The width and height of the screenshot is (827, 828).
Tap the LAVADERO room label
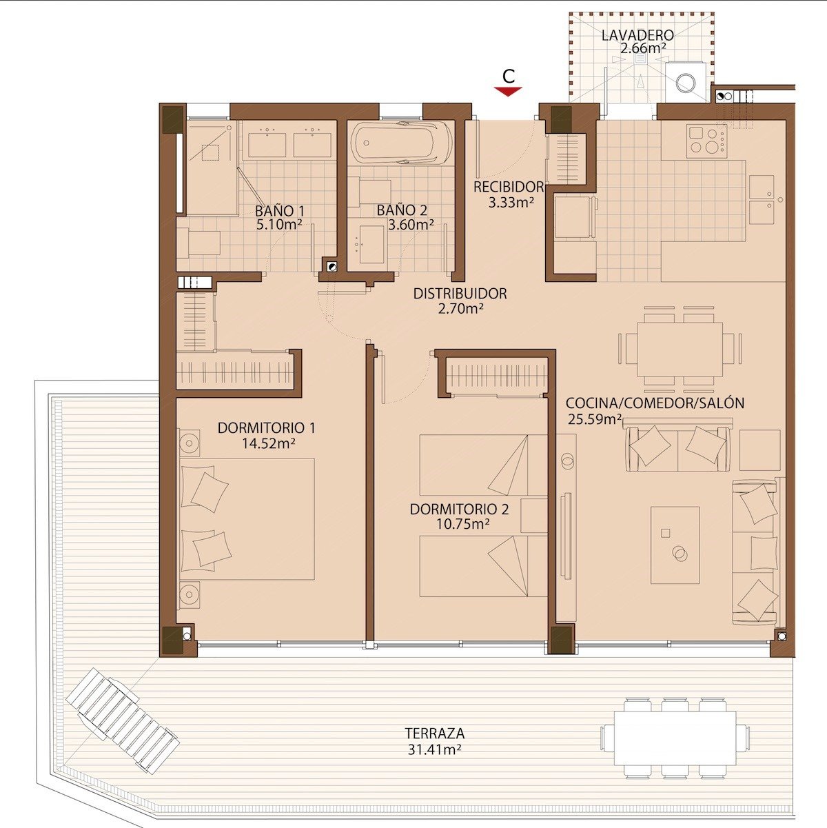coord(637,34)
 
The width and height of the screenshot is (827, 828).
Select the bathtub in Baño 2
coord(401,143)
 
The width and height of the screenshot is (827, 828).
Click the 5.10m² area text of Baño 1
coord(279,224)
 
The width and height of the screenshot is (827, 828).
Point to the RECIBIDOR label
coord(509,187)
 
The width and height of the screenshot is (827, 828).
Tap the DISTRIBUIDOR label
coord(460,294)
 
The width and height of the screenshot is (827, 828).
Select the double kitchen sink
coord(762,199)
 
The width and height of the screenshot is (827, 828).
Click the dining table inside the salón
coord(680,348)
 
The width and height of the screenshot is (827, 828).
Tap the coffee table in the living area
coord(675,545)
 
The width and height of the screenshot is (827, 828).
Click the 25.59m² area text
coord(594,418)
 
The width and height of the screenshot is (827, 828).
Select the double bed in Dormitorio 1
coord(248,518)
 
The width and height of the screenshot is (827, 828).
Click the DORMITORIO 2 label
coord(459,509)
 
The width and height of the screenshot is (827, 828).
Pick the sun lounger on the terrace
coord(123,720)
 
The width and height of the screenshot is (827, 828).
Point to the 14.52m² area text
coord(268,443)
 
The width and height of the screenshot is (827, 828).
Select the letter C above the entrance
coord(508,75)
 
